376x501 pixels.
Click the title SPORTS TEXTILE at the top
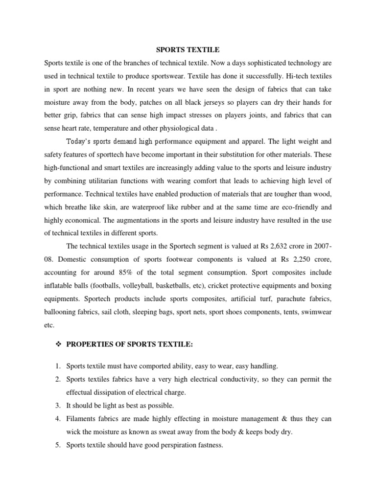pyautogui.click(x=188, y=50)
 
